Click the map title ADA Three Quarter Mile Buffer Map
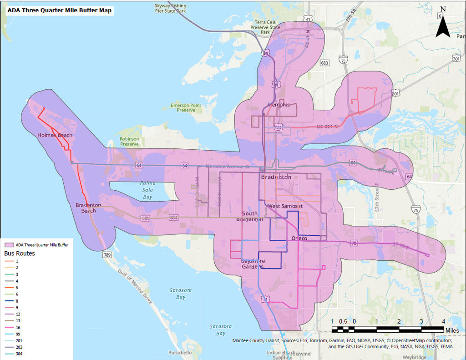60,10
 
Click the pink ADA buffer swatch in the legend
10,245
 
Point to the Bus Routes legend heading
20,253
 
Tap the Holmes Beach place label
55,135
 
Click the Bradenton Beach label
88,208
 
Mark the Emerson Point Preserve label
186,107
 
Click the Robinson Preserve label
129,142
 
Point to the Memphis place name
279,105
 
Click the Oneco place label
299,238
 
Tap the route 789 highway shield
107,254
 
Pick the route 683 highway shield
324,63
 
